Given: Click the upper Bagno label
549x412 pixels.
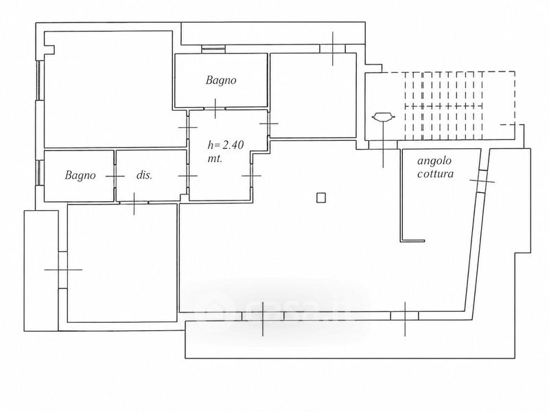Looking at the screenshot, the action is (x=220, y=80).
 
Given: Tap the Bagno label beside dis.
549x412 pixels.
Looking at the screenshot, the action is (x=80, y=175).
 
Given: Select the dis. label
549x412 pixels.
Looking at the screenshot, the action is (x=144, y=175).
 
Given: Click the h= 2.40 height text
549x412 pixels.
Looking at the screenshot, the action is (x=226, y=145).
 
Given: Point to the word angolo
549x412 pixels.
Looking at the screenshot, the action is (x=434, y=161).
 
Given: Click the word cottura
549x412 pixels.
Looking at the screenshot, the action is (x=435, y=174).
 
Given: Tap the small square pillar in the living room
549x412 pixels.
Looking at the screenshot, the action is (x=321, y=198).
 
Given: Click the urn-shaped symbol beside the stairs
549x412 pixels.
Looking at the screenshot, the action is (x=384, y=117).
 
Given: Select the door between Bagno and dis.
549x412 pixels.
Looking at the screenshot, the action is (x=115, y=176).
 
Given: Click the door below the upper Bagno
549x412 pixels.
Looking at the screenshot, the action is (x=215, y=108).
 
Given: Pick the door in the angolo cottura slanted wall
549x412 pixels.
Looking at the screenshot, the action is (x=482, y=181).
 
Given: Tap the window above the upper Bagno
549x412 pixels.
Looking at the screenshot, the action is (x=213, y=49).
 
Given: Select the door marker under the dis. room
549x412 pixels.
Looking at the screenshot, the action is (x=134, y=203).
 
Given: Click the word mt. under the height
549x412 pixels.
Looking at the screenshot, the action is (x=215, y=159).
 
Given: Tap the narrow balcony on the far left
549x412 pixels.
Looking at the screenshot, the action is (x=41, y=271).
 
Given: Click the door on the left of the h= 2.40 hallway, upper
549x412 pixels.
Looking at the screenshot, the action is (x=188, y=127).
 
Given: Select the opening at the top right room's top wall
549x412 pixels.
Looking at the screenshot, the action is (x=333, y=49).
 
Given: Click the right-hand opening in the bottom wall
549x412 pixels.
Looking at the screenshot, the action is (x=405, y=316).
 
